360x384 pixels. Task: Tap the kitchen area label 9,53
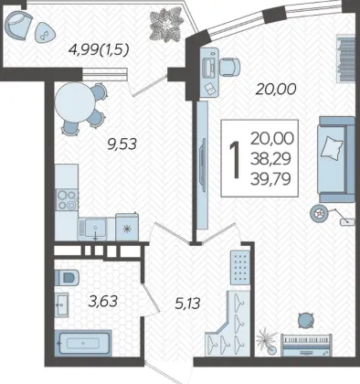122,144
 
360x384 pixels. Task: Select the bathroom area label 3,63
103,301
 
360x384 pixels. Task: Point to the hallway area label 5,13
187,304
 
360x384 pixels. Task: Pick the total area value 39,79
270,179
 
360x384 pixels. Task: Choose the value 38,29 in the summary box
270,159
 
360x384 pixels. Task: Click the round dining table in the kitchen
75,102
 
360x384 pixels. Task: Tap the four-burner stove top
67,199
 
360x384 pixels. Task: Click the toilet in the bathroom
67,277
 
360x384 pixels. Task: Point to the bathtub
83,343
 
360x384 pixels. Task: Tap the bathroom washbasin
61,304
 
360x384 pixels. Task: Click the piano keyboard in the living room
306,345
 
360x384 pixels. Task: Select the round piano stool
305,321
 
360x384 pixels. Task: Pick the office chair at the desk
230,67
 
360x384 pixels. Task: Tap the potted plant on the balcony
165,25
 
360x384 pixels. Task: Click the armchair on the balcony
19,26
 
